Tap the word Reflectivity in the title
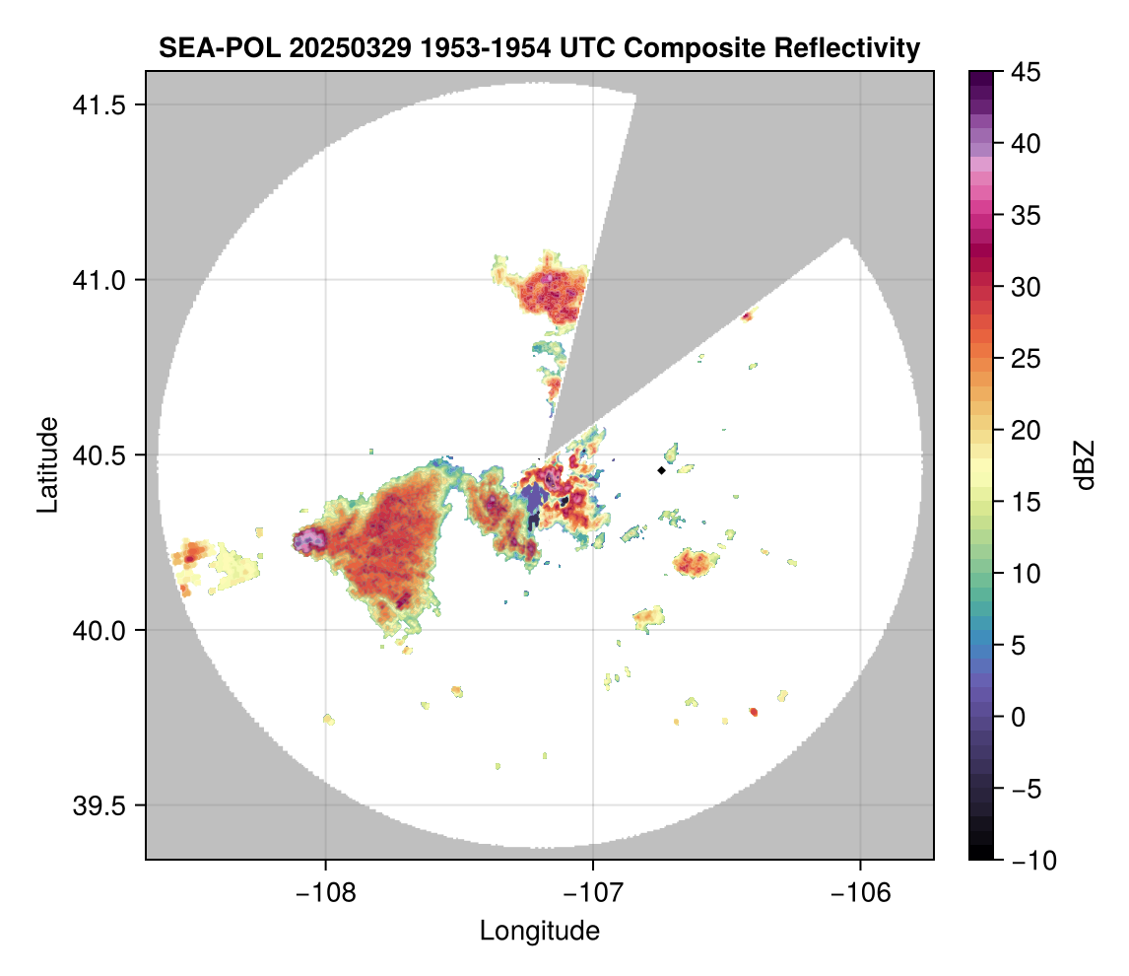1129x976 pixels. click(847, 49)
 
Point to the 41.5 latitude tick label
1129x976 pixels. click(99, 105)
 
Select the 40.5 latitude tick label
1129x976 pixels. click(99, 455)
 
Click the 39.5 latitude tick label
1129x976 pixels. click(99, 805)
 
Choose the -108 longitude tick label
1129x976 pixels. click(325, 893)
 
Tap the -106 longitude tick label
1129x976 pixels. click(860, 893)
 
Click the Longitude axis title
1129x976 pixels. click(539, 931)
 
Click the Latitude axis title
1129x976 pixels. click(47, 464)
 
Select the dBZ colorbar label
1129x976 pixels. click(1085, 465)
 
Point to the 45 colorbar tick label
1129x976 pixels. click(1026, 72)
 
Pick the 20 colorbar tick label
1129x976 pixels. click(1026, 431)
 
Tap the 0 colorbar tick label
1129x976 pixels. click(1018, 717)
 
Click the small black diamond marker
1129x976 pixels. click(661, 470)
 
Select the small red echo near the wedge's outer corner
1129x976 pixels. click(748, 314)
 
